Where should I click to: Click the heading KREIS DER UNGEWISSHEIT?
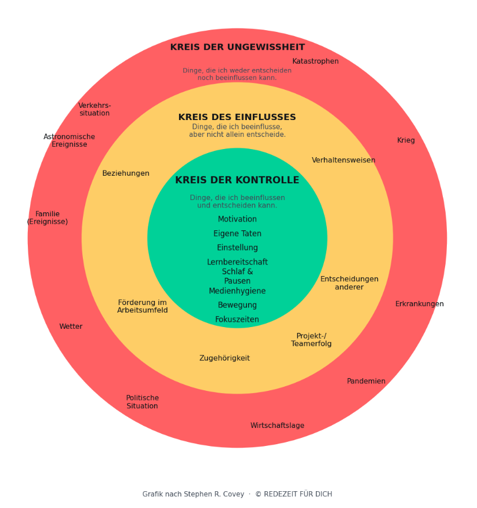(x=237, y=48)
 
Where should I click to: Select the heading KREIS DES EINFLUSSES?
(x=237, y=117)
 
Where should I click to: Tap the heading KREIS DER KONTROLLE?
(x=237, y=180)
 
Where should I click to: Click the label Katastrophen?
(x=315, y=61)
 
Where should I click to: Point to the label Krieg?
(x=406, y=140)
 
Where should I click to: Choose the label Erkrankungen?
(x=419, y=304)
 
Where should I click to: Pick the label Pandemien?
(x=366, y=381)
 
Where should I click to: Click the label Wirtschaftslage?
(x=277, y=426)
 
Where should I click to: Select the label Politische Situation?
(x=142, y=402)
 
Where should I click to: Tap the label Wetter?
(x=71, y=326)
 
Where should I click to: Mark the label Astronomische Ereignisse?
(x=69, y=140)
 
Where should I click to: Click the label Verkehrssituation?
(x=94, y=109)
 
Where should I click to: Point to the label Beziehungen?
(x=126, y=173)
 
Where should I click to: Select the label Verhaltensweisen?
(x=343, y=160)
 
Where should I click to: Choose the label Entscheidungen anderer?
(x=349, y=283)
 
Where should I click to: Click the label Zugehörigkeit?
(x=224, y=358)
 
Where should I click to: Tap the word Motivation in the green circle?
(x=237, y=219)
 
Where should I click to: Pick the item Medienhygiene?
(x=237, y=291)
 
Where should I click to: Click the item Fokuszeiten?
(x=237, y=320)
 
